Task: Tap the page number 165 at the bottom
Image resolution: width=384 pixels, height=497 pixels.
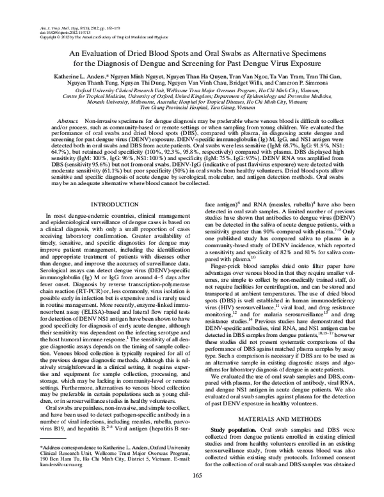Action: coord(197,474)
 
